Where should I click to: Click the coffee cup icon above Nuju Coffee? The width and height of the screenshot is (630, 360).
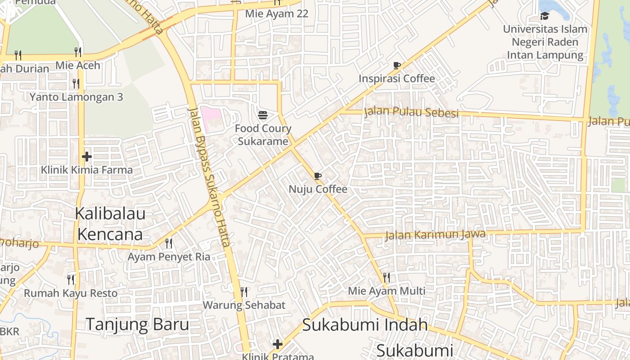tap(318, 176)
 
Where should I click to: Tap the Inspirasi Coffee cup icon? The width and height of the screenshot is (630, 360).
tap(396, 65)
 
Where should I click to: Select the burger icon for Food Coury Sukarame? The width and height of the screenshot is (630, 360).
tap(263, 115)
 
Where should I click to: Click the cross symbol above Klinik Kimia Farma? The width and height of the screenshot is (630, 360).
tap(87, 157)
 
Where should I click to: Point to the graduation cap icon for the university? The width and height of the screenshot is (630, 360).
tap(544, 16)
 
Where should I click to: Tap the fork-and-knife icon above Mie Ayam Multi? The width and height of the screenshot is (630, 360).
tap(386, 277)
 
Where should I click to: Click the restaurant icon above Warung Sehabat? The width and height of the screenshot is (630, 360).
tap(244, 292)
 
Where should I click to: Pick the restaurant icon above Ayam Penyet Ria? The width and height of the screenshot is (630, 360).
tap(169, 243)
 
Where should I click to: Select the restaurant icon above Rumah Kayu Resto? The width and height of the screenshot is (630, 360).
tap(71, 279)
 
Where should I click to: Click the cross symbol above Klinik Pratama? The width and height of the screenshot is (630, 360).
tap(278, 344)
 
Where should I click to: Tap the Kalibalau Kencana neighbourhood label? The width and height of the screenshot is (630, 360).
tap(110, 224)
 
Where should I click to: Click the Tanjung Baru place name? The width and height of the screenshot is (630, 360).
tap(137, 324)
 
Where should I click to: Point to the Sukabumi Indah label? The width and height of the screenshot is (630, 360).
tap(364, 324)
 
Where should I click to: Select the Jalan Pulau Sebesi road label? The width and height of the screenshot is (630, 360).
tap(411, 112)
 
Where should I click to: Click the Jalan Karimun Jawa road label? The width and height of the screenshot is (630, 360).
tap(435, 234)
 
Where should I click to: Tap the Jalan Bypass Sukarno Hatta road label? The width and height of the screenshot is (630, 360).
tap(210, 177)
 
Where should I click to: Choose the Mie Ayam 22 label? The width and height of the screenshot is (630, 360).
tap(277, 13)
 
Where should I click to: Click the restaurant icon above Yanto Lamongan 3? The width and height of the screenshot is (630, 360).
tap(76, 83)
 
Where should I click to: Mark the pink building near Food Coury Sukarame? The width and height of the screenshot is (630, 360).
tap(210, 116)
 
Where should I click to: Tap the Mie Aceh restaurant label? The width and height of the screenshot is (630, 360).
tap(78, 65)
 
